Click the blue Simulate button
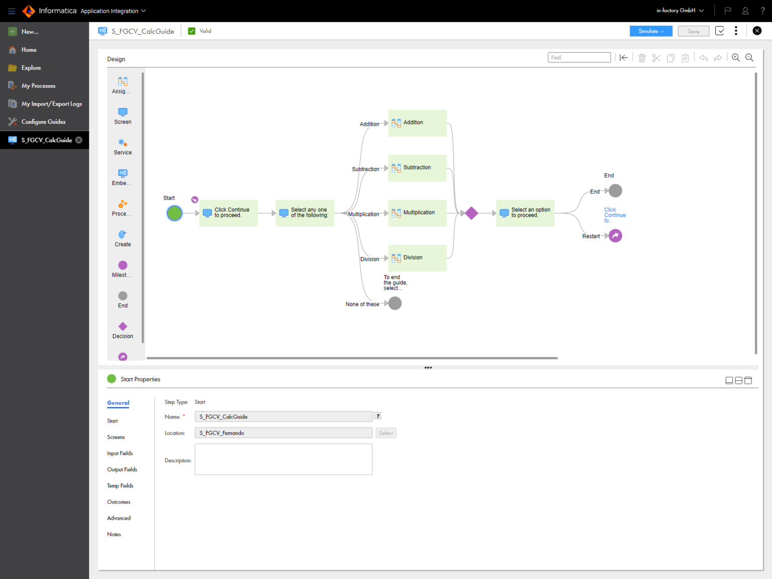click(x=650, y=31)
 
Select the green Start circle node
click(x=174, y=213)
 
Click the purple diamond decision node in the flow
click(x=471, y=213)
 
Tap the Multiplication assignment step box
click(x=417, y=213)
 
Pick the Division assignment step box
click(x=417, y=258)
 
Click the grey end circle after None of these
click(x=395, y=303)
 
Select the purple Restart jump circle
click(x=615, y=235)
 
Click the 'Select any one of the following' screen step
click(x=305, y=213)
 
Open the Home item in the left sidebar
click(x=29, y=50)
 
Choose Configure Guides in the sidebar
click(x=43, y=122)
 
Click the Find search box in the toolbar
click(x=579, y=57)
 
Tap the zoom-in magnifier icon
click(x=735, y=58)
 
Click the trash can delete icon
click(x=642, y=58)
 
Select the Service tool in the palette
click(x=123, y=146)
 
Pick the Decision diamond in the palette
click(x=123, y=329)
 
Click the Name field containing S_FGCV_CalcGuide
click(x=283, y=417)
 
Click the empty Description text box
click(x=283, y=459)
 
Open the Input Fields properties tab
click(x=120, y=453)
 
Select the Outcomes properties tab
click(x=119, y=502)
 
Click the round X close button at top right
click(x=757, y=31)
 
